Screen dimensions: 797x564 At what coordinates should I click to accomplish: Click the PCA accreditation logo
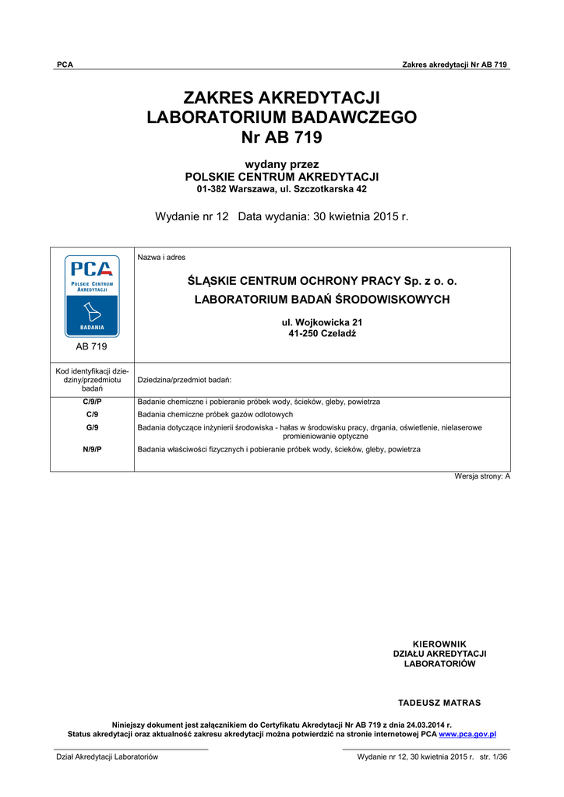click(x=92, y=296)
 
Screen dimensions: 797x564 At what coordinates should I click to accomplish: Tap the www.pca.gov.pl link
click(x=467, y=734)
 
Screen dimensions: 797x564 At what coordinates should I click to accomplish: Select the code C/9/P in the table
click(x=92, y=402)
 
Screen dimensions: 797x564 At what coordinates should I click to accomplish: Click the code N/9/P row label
click(x=92, y=449)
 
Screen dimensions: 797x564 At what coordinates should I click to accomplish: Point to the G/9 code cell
click(x=92, y=427)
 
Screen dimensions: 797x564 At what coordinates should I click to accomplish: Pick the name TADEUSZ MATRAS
click(x=439, y=703)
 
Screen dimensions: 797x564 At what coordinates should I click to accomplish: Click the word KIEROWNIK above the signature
click(x=439, y=644)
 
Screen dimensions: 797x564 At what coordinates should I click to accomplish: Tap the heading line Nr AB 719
click(x=281, y=138)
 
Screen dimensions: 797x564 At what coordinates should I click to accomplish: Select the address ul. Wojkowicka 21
click(x=322, y=322)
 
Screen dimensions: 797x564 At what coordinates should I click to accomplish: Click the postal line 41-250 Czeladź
click(x=322, y=333)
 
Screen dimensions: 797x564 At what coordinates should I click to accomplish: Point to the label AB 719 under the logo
click(x=92, y=346)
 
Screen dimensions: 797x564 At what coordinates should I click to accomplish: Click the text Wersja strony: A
click(x=482, y=476)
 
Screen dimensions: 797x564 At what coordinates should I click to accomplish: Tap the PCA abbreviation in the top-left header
click(x=65, y=65)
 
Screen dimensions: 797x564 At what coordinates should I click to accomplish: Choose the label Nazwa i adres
click(x=161, y=258)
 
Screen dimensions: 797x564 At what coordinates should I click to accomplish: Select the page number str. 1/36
click(x=495, y=757)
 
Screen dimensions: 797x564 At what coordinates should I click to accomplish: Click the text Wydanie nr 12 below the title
click(x=192, y=216)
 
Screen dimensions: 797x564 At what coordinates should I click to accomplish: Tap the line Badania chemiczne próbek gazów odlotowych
click(x=215, y=415)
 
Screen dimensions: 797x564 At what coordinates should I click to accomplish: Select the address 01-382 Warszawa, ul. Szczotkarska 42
click(x=281, y=189)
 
